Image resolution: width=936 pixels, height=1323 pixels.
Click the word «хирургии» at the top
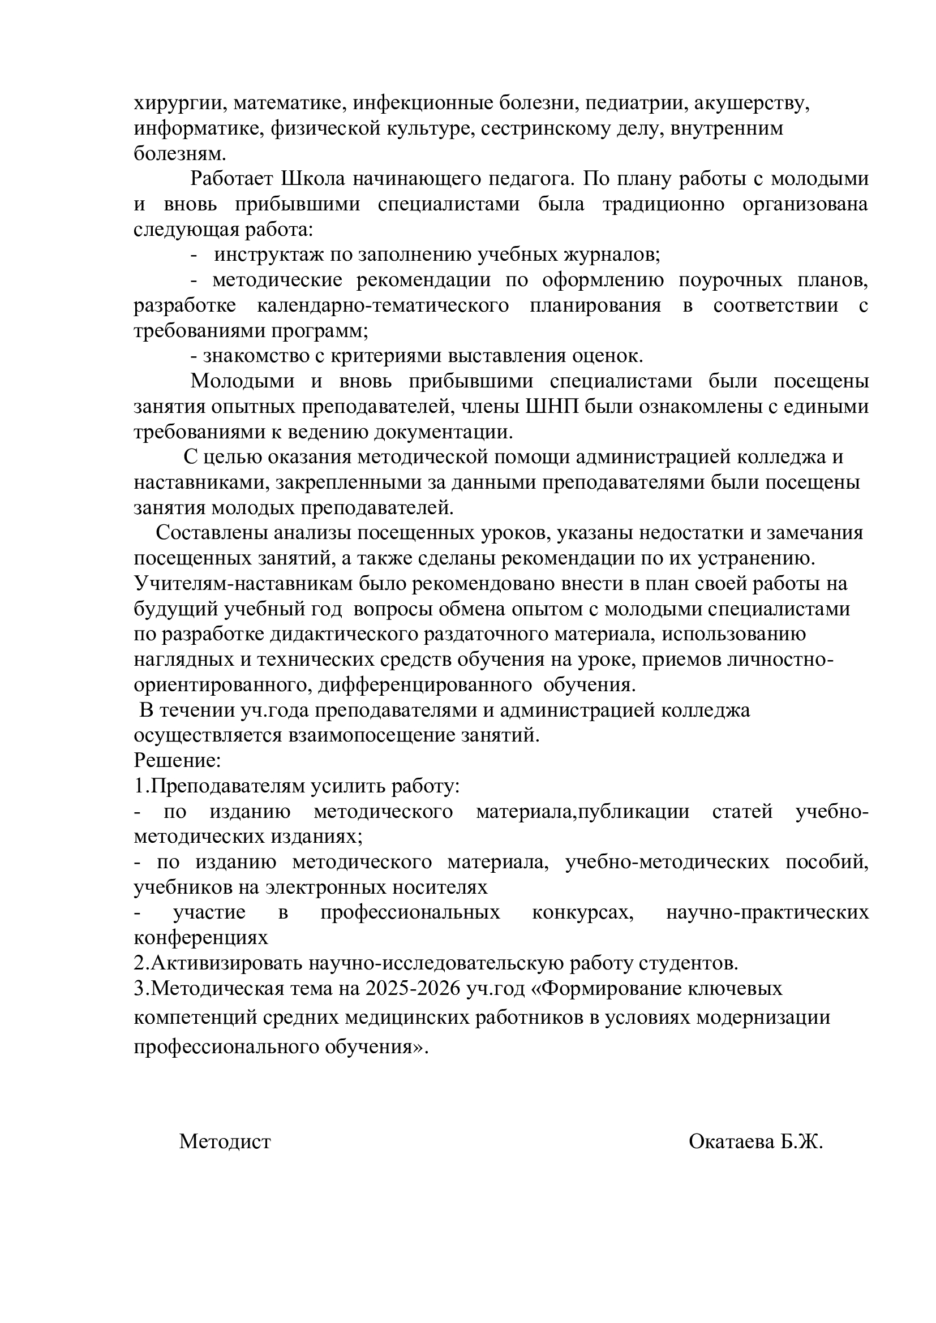coord(175,104)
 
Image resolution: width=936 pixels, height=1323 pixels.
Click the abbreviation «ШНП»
coord(548,407)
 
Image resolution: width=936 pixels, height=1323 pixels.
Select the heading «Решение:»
coord(178,761)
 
